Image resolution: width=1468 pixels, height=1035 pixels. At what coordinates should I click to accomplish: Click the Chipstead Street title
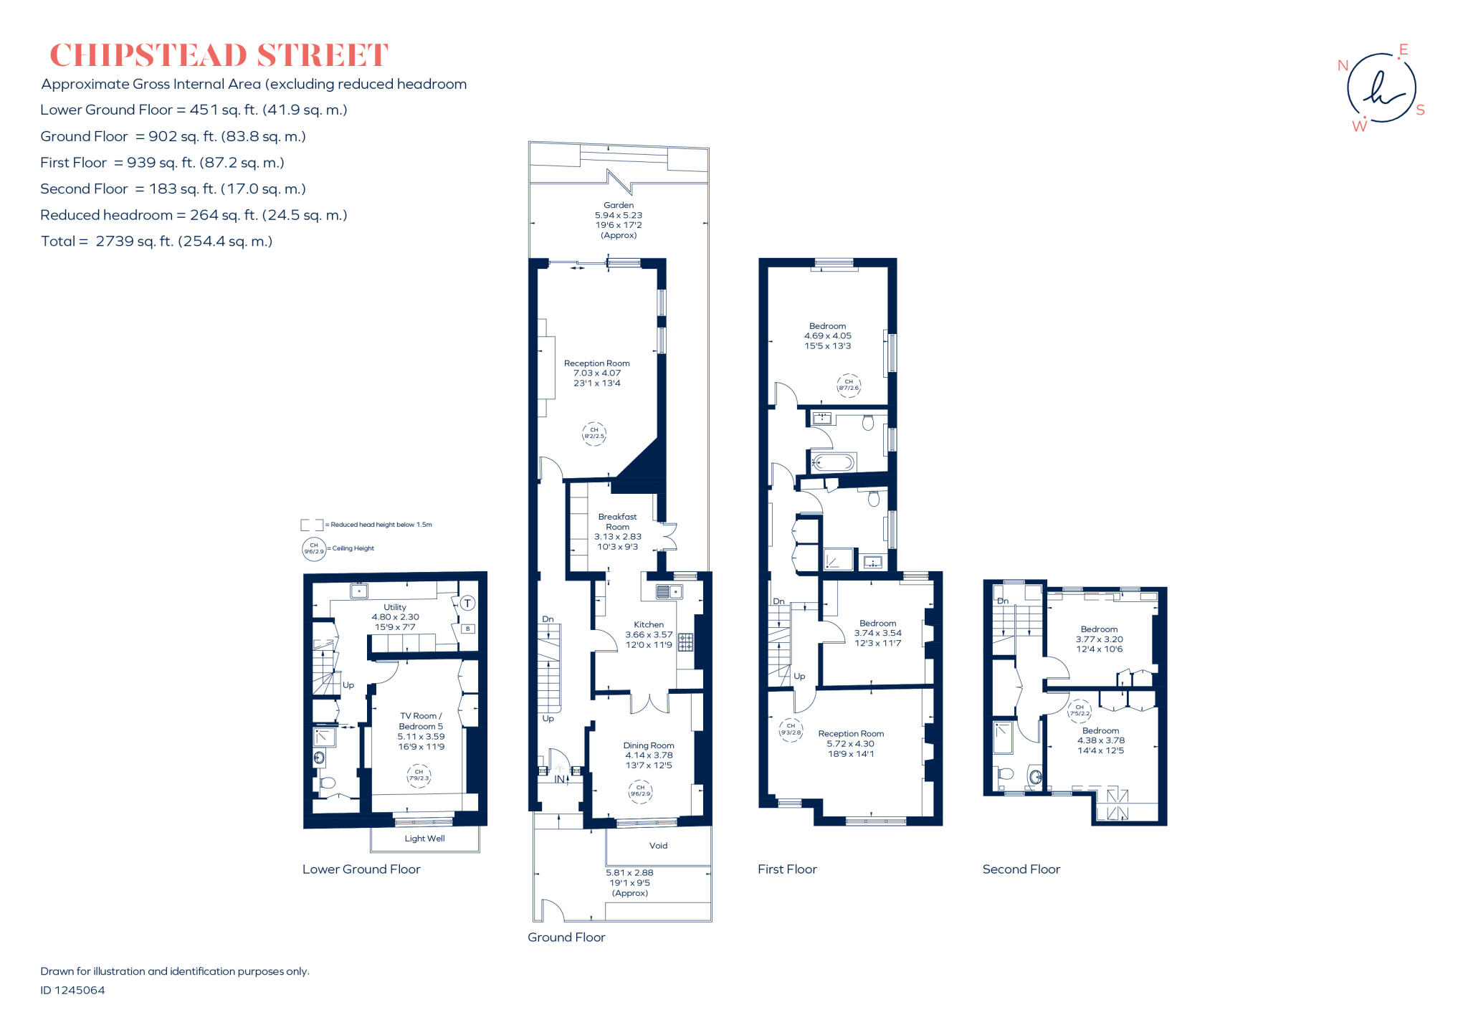(219, 55)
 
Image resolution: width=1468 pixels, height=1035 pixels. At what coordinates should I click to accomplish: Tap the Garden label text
(618, 205)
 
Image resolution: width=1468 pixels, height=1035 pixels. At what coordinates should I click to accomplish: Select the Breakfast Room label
(617, 521)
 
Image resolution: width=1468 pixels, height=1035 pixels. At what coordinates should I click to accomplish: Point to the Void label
(658, 846)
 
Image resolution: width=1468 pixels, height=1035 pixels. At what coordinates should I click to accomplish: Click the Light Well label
(424, 839)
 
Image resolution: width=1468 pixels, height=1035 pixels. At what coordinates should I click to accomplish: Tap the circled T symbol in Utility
(467, 604)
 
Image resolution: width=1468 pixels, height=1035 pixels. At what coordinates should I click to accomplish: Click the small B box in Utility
(467, 629)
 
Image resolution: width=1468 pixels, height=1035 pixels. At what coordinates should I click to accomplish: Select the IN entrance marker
(559, 779)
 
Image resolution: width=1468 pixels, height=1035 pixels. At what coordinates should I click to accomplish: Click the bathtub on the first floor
(834, 463)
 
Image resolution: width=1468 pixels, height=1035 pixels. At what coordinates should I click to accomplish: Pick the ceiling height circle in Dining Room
(640, 791)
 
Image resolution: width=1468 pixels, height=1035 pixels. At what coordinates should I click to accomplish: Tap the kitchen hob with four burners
(685, 641)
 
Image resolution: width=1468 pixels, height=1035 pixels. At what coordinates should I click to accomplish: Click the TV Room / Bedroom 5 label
(421, 721)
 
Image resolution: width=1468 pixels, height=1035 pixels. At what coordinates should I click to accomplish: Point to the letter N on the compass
(1343, 65)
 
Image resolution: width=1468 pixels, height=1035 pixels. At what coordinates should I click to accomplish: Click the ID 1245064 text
(72, 991)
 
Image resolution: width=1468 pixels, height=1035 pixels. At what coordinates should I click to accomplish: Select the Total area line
(156, 242)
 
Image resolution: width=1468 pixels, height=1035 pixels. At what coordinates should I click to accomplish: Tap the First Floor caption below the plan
(787, 869)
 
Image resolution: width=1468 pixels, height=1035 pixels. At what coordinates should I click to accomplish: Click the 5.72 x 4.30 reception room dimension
(850, 744)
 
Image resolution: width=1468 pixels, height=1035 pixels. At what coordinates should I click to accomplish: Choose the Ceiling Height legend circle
(314, 549)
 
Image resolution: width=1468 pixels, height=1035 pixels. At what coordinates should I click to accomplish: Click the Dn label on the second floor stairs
(1002, 601)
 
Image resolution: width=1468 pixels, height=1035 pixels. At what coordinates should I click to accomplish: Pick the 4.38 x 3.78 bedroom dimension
(1100, 741)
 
